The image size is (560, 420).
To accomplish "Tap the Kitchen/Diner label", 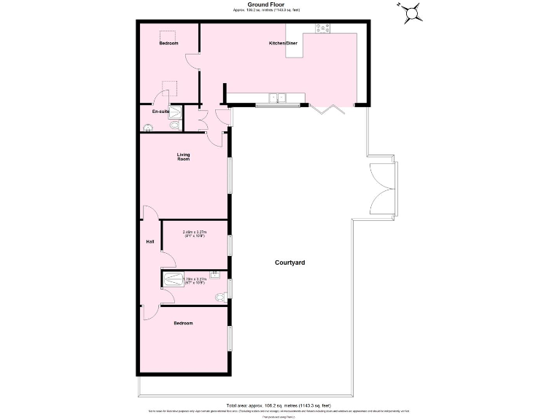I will [283, 44].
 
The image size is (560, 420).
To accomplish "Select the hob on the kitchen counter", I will [322, 29].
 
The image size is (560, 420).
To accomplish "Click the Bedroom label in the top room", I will [168, 44].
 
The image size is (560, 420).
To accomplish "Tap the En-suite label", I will [160, 112].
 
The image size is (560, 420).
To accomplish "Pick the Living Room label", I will [183, 156].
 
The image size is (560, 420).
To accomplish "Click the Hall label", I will [149, 242].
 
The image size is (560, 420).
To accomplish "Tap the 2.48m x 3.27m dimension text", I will [195, 234].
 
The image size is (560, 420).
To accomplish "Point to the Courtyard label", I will [289, 262].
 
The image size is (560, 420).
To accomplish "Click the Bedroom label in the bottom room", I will [183, 323].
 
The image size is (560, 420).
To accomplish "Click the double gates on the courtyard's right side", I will [385, 187].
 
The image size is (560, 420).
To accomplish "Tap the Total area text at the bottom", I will [279, 405].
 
